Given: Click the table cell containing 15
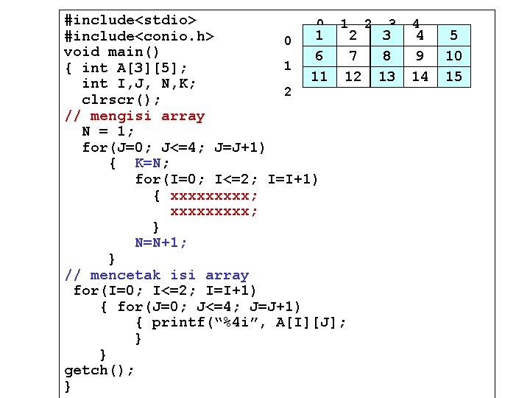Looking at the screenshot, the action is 454,76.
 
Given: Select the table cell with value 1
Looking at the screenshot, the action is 319,35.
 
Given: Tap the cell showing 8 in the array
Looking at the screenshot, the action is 386,56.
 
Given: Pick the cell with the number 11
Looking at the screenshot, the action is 319,76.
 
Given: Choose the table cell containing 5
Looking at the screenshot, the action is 454,35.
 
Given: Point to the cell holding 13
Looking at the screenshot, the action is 386,76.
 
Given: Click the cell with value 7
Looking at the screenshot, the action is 353,56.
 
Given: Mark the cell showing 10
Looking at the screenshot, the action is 454,56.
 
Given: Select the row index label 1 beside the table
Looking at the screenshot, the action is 288,66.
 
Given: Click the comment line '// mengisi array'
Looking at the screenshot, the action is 135,116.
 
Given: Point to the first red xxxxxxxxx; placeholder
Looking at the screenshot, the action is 214,195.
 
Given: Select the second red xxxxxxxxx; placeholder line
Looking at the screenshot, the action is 214,212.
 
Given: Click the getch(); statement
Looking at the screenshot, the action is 99,370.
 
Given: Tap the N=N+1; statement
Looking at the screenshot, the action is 161,242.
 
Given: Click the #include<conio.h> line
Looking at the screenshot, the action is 139,35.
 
